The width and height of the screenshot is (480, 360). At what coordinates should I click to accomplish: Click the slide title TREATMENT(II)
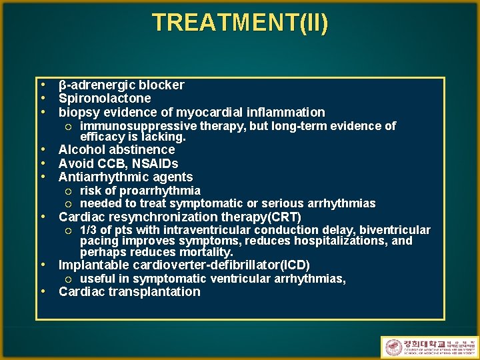coord(240,23)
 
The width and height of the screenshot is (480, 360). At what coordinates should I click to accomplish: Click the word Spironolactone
coord(105,99)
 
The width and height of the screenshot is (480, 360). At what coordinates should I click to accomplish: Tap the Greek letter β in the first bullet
coord(63,85)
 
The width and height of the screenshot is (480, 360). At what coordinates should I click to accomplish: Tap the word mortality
coord(207,252)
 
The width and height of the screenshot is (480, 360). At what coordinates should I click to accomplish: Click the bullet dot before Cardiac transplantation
coord(43,291)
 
